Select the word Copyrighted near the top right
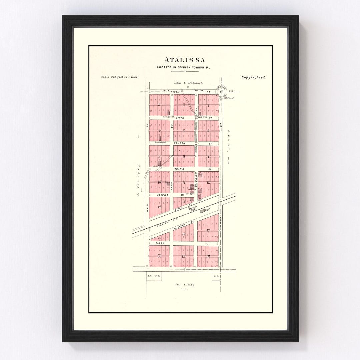[253, 77]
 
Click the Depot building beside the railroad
[202, 211]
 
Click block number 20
[159, 256]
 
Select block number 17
[208, 231]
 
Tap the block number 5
[184, 131]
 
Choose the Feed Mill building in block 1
[199, 114]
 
